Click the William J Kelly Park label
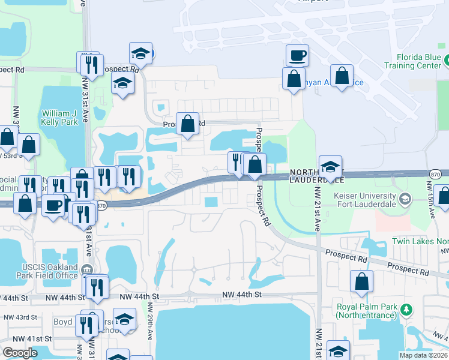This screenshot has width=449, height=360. click(x=59, y=117)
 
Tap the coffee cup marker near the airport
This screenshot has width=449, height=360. click(x=297, y=56)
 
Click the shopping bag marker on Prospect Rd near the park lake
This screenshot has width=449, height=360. click(x=188, y=124)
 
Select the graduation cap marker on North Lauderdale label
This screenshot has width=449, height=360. click(x=330, y=167)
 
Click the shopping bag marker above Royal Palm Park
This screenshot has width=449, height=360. click(x=361, y=282)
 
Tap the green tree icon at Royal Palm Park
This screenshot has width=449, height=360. click(x=408, y=310)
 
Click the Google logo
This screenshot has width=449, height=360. click(x=20, y=353)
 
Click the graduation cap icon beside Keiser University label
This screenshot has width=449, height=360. click(x=406, y=199)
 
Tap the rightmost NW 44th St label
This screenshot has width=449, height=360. click(x=243, y=295)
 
